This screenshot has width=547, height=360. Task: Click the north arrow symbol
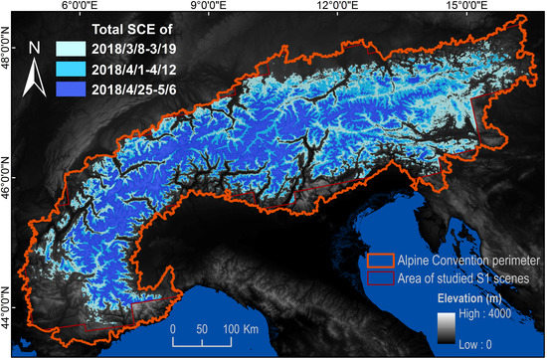point(34,74)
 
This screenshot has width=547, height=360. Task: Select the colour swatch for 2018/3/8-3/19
point(73,48)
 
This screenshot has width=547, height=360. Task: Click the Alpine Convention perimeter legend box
point(379,260)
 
